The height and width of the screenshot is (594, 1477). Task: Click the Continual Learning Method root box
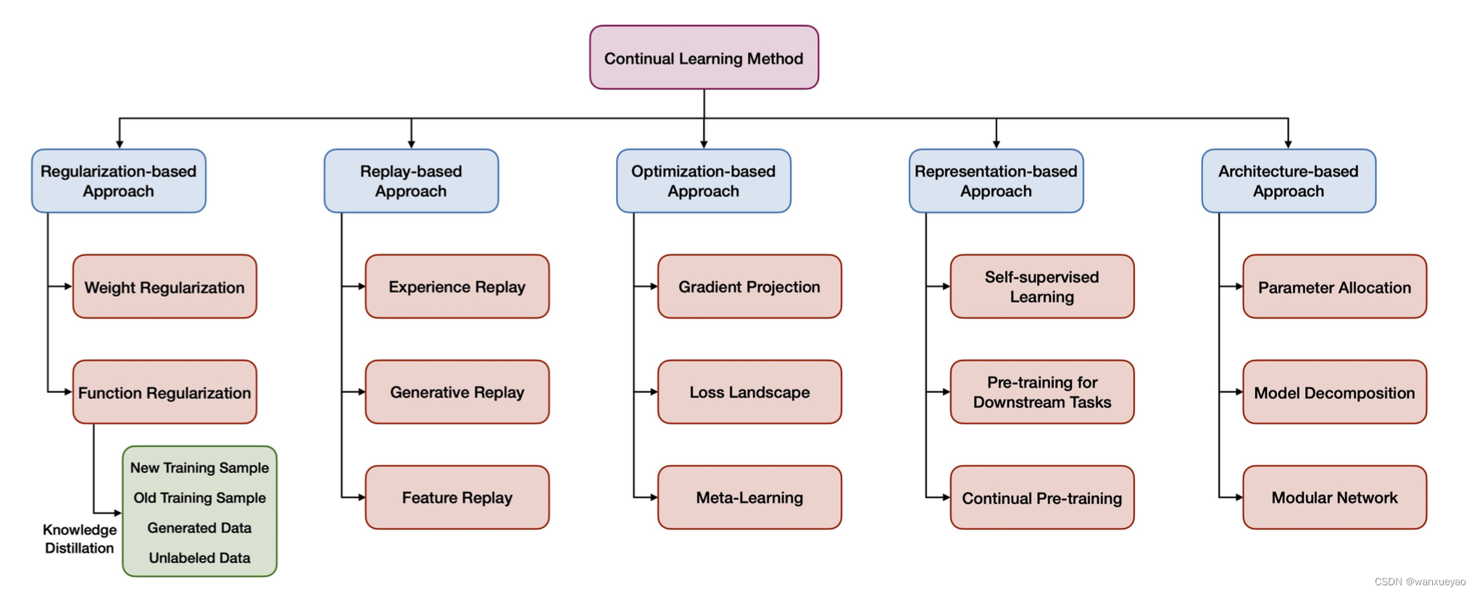click(x=704, y=58)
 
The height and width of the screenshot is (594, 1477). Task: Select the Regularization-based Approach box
click(x=119, y=181)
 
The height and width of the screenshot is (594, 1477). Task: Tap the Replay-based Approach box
click(x=411, y=181)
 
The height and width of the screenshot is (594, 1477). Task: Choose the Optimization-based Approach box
click(x=704, y=181)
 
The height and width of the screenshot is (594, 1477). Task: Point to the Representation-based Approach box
click(x=996, y=181)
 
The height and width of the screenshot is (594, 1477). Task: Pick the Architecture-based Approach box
click(x=1289, y=181)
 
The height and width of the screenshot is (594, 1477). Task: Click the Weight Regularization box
click(x=165, y=287)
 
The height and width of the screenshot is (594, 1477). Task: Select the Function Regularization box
click(x=165, y=393)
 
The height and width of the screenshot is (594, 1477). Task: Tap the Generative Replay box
click(x=457, y=392)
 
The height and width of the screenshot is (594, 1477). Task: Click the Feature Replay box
click(x=457, y=498)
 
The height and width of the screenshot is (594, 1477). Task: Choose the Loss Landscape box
click(x=749, y=392)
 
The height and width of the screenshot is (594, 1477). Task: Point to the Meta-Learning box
click(x=749, y=498)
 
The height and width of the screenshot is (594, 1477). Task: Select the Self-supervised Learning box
click(x=1042, y=287)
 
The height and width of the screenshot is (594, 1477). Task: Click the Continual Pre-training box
click(x=1042, y=498)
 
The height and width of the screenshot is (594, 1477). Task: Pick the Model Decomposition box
click(x=1334, y=393)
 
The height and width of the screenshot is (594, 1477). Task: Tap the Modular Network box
click(x=1334, y=498)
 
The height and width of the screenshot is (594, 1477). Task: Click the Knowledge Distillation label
click(x=80, y=539)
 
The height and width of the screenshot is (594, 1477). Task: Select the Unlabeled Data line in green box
click(x=199, y=558)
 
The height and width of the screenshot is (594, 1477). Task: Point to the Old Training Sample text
click(x=199, y=498)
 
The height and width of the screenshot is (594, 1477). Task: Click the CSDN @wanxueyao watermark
click(x=1420, y=582)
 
